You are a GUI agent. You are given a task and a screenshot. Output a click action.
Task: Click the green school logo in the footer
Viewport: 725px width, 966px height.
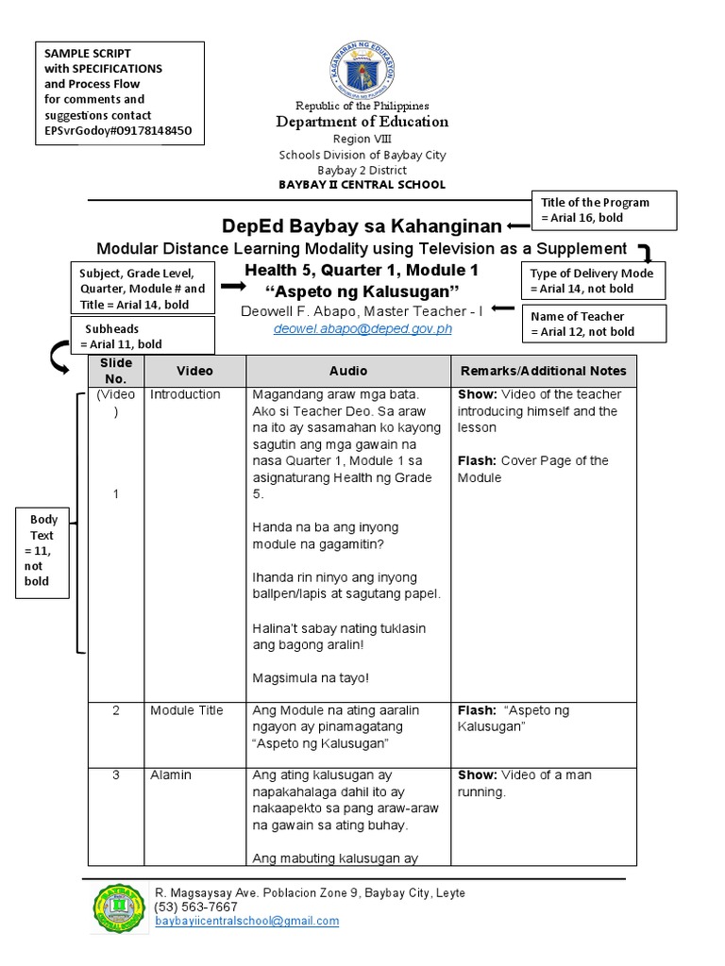[x=120, y=907]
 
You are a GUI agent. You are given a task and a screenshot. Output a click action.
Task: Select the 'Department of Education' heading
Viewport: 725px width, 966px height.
[x=362, y=122]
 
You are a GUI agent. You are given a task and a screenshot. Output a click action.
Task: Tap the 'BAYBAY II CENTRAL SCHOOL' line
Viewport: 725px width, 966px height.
[x=362, y=185]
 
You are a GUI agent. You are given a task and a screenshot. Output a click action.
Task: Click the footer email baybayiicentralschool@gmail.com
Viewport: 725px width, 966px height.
[x=246, y=921]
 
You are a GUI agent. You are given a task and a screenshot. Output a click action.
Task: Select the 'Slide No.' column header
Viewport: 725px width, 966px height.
[x=115, y=371]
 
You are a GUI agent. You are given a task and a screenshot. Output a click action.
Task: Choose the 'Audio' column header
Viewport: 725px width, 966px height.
[x=348, y=372]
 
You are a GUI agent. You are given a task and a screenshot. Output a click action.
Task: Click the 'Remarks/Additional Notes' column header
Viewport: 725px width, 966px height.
[x=542, y=372]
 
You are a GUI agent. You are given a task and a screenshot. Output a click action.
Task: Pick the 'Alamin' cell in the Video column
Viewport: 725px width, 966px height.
[x=171, y=774]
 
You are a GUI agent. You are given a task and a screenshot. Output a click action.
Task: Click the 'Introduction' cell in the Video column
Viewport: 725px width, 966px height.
[x=185, y=394]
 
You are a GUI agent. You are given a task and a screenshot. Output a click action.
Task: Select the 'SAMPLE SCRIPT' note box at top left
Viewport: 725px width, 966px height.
[x=119, y=92]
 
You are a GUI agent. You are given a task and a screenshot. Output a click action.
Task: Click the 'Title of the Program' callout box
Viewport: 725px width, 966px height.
[x=605, y=210]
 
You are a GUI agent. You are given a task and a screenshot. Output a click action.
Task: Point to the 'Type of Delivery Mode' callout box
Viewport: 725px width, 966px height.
[x=592, y=281]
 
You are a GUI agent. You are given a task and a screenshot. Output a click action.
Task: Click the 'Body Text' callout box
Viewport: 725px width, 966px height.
[x=43, y=550]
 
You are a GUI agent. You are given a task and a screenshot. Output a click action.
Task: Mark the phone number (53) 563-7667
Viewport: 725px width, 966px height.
[x=196, y=907]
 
